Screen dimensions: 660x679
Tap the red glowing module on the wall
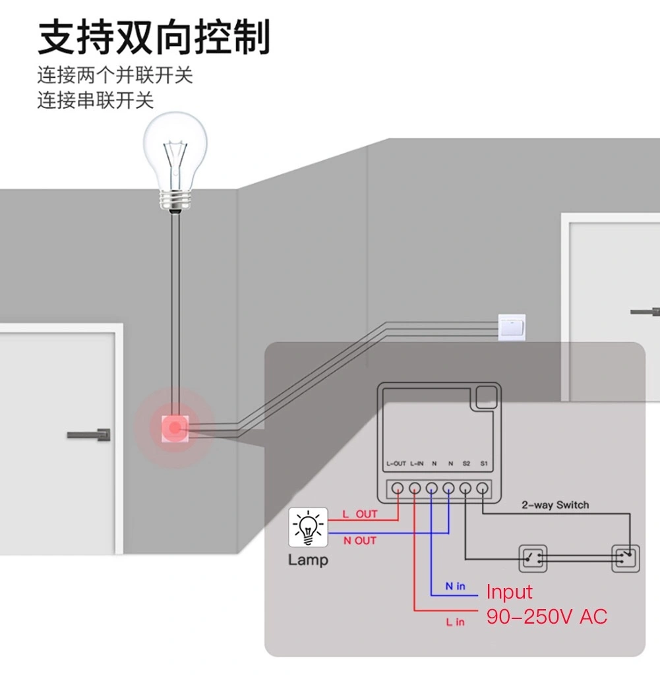point(175,428)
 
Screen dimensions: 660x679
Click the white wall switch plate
point(512,328)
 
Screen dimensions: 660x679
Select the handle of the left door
point(89,435)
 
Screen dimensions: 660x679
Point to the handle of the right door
point(645,311)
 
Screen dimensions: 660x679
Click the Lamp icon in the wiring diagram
point(308,527)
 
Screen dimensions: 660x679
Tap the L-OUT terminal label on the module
point(396,464)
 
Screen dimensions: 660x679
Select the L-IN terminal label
point(417,464)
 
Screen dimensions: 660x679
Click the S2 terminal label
point(466,464)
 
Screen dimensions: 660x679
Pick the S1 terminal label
point(484,464)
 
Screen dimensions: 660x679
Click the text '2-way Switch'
point(555,505)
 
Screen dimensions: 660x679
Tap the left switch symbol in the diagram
point(533,558)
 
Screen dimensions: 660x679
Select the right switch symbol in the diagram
point(625,558)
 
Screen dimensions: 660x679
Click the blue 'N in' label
point(455,586)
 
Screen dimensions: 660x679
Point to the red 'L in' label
point(455,622)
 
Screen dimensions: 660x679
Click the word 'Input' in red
point(509,593)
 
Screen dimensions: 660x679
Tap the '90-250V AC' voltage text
point(547,616)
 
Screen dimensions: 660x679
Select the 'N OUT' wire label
point(359,541)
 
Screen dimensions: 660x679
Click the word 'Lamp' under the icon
point(309,560)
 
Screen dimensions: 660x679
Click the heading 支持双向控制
point(154,37)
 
